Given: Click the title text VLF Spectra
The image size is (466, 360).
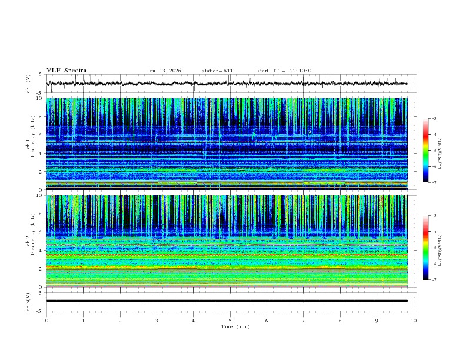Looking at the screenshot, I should pyautogui.click(x=66, y=71).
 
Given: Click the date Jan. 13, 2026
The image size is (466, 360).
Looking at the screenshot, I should pyautogui.click(x=164, y=71).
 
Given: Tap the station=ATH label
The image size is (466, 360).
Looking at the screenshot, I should pyautogui.click(x=218, y=71).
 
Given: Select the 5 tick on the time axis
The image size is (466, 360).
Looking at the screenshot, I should pyautogui.click(x=230, y=320).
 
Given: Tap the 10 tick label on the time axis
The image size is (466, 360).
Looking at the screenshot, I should pyautogui.click(x=414, y=320).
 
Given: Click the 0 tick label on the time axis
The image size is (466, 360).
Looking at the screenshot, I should pyautogui.click(x=46, y=320).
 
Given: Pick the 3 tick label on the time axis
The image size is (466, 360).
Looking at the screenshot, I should pyautogui.click(x=157, y=320).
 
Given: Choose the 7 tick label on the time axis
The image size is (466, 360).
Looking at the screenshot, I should pyautogui.click(x=304, y=320).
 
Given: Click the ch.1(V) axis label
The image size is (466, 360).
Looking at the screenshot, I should pyautogui.click(x=28, y=85).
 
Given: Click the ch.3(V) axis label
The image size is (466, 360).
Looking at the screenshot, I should pyautogui.click(x=28, y=301).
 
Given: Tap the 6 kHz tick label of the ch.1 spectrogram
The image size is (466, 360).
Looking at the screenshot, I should pyautogui.click(x=39, y=135).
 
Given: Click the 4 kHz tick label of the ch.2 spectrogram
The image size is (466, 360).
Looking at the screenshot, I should pyautogui.click(x=39, y=251).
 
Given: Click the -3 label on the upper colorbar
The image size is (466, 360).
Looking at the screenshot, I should pyautogui.click(x=434, y=119).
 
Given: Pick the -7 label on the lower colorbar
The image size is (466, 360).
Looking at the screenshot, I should pyautogui.click(x=434, y=280).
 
